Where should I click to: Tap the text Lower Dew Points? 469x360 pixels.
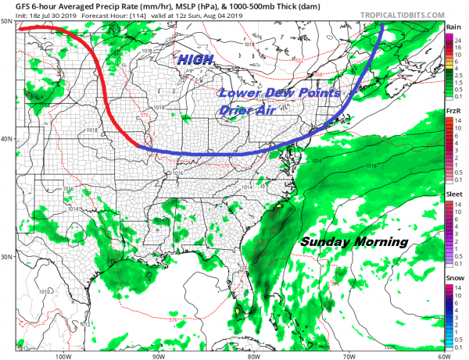[x=280, y=93]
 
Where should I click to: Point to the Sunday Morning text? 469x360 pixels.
[x=354, y=242]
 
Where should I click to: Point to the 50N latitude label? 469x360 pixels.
[x=7, y=22]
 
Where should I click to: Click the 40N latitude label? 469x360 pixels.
[x=7, y=139]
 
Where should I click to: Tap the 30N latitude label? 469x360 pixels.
[x=7, y=256]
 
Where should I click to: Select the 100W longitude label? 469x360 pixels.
[x=63, y=355]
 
